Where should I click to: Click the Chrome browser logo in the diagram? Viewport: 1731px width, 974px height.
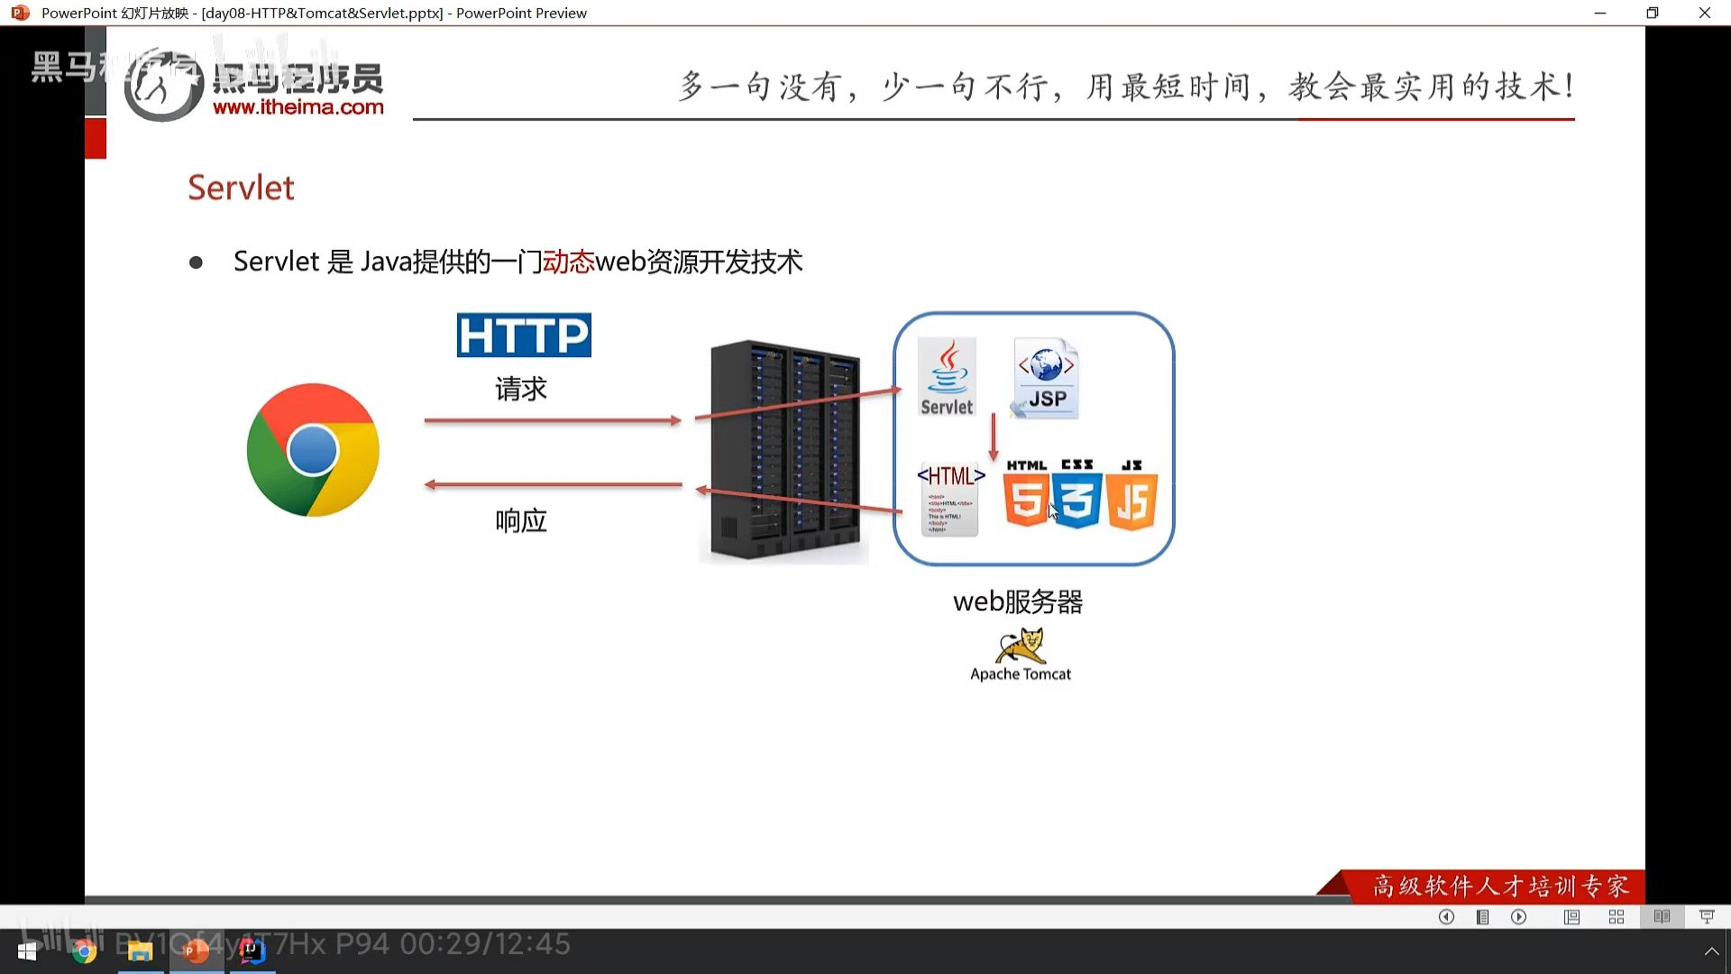[x=313, y=450]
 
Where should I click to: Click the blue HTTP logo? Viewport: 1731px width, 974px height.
[x=524, y=335]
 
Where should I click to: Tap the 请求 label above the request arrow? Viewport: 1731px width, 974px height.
[x=521, y=389]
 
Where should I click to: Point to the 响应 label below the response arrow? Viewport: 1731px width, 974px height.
[x=521, y=520]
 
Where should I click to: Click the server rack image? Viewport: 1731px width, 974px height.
[x=783, y=450]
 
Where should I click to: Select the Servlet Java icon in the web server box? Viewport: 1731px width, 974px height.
[x=947, y=377]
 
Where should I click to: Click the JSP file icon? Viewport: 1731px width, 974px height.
[x=1047, y=379]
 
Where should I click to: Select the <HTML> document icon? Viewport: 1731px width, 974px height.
[x=950, y=499]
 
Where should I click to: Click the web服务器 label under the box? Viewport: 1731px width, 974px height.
[x=1018, y=602]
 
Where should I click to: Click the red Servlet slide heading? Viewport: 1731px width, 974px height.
[x=241, y=188]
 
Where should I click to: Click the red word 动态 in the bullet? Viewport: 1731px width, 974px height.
[x=568, y=262]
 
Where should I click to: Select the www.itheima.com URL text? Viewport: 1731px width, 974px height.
[x=298, y=107]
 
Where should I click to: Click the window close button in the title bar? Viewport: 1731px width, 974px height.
[x=1704, y=13]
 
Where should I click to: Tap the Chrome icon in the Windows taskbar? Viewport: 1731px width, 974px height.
[x=85, y=951]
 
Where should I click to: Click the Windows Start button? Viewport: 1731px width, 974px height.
[x=27, y=951]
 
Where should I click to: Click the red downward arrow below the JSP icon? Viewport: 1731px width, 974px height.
[x=994, y=437]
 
